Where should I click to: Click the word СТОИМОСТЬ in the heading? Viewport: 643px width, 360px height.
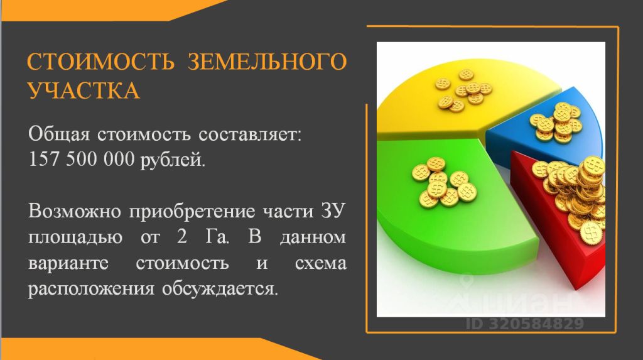pyautogui.click(x=101, y=61)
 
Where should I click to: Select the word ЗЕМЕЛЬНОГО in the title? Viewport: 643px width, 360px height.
pyautogui.click(x=267, y=61)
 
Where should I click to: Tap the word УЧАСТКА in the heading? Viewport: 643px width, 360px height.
pyautogui.click(x=84, y=90)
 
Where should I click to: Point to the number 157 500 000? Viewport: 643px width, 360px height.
pyautogui.click(x=82, y=159)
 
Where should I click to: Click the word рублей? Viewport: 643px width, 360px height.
pyautogui.click(x=173, y=160)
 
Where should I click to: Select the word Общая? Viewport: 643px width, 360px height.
pyautogui.click(x=59, y=134)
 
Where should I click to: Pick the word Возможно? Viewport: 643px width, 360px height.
pyautogui.click(x=75, y=211)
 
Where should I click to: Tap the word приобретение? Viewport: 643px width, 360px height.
pyautogui.click(x=192, y=212)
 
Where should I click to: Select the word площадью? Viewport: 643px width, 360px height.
pyautogui.click(x=75, y=237)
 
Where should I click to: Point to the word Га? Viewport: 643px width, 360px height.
pyautogui.click(x=217, y=237)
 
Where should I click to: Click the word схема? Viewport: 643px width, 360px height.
pyautogui.click(x=321, y=263)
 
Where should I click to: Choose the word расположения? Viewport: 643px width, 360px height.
pyautogui.click(x=91, y=289)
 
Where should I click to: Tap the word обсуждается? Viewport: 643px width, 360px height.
pyautogui.click(x=220, y=289)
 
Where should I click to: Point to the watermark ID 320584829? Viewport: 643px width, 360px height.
pyautogui.click(x=525, y=324)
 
